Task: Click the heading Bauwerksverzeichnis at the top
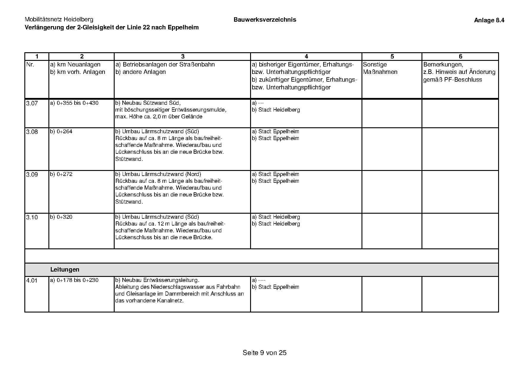pos(265,20)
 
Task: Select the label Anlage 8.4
pos(489,20)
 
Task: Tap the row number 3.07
pos(32,104)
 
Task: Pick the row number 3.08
pos(32,132)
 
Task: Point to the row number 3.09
pos(32,175)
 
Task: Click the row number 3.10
pos(32,218)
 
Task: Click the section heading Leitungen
pos(65,269)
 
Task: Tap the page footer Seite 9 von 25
pos(264,353)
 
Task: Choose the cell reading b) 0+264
pos(61,131)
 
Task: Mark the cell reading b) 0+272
pos(61,174)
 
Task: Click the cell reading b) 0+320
pos(61,217)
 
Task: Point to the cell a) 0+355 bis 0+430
pos(74,103)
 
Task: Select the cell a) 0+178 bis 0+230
pos(74,280)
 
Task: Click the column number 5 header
pos(392,56)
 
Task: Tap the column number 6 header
pos(460,56)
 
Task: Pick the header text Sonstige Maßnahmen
pos(380,68)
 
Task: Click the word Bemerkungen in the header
pos(443,64)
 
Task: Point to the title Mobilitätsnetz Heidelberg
pos(59,20)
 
